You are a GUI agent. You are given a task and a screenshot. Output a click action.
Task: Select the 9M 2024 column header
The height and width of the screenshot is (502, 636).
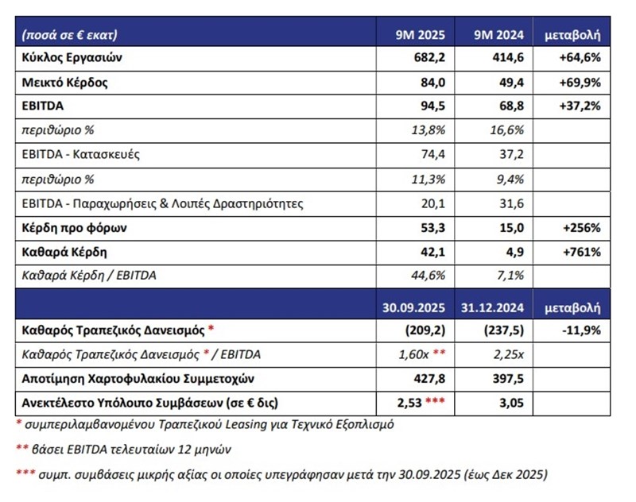[501, 36]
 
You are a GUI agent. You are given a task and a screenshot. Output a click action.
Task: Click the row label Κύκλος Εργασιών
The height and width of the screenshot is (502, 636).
[72, 58]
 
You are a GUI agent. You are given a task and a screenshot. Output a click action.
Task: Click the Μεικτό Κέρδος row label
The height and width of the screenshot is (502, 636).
[65, 83]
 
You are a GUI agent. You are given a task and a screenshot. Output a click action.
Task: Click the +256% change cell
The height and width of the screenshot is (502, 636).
[582, 229]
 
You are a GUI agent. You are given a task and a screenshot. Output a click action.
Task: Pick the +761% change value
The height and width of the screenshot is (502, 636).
[582, 253]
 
